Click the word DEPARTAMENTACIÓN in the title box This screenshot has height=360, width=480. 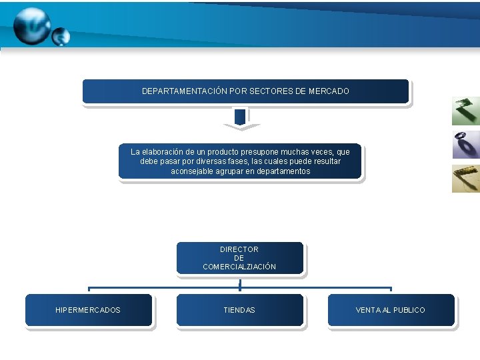pos(184,91)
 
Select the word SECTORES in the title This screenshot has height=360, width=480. pos(272,91)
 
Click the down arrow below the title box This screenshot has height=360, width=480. pos(241,121)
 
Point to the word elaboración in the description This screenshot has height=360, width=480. pos(165,152)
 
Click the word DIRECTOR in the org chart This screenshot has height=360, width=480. pos(239,249)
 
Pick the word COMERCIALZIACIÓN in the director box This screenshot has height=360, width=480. pos(239,267)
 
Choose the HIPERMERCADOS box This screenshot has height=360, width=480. pos(89,310)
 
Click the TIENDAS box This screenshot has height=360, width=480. pos(239,310)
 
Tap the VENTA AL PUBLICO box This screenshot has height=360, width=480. pos(391,310)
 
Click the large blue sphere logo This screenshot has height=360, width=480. pos(31,25)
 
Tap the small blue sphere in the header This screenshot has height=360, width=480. pos(61,37)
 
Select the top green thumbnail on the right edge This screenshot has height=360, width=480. pos(465,111)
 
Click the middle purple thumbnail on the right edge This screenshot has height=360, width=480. pos(465,145)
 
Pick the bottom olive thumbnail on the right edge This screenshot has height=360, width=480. pos(465,178)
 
